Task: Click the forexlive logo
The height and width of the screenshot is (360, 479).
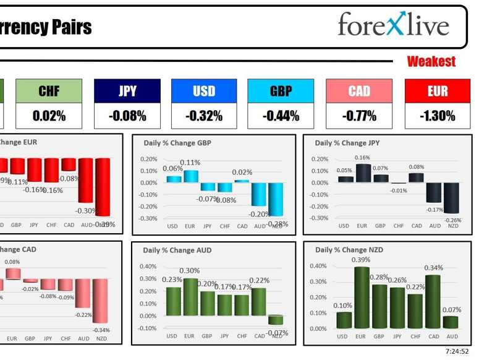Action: pyautogui.click(x=392, y=25)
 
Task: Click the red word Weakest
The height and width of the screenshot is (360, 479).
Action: pyautogui.click(x=431, y=61)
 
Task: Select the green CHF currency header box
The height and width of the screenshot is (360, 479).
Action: pyautogui.click(x=49, y=91)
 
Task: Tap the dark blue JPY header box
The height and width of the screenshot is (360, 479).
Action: pyautogui.click(x=127, y=91)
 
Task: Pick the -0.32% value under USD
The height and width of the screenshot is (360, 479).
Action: pyautogui.click(x=204, y=116)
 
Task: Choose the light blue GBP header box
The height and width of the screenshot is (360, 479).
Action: pyautogui.click(x=281, y=91)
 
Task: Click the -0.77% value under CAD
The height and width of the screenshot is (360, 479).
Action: pyautogui.click(x=359, y=116)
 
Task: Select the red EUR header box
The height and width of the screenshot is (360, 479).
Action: pyautogui.click(x=437, y=91)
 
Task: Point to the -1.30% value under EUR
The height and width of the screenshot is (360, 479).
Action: pyautogui.click(x=437, y=116)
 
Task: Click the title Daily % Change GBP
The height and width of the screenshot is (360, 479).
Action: pyautogui.click(x=177, y=143)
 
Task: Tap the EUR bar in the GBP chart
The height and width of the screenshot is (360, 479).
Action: pyautogui.click(x=190, y=176)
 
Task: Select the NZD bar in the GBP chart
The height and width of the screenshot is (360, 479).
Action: pyautogui.click(x=275, y=199)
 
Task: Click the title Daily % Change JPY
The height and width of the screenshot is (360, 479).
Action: pyautogui.click(x=347, y=143)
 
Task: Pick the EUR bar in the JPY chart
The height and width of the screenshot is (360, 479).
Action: pyautogui.click(x=362, y=173)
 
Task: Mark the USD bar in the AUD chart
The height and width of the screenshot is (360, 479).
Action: pyautogui.click(x=173, y=301)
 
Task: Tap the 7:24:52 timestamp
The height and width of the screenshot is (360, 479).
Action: pyautogui.click(x=457, y=351)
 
